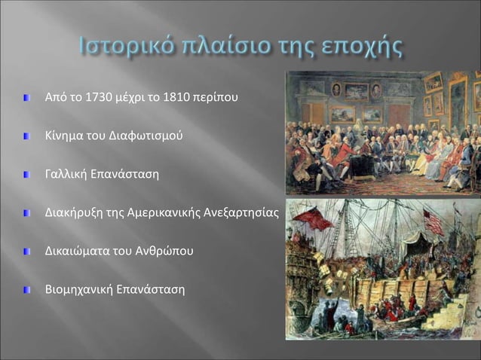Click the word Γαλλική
point(66,175)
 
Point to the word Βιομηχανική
point(77,289)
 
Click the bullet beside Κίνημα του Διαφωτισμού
point(27,136)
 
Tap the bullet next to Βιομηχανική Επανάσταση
point(27,289)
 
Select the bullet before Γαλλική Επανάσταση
point(27,175)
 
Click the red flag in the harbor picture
point(313,219)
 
